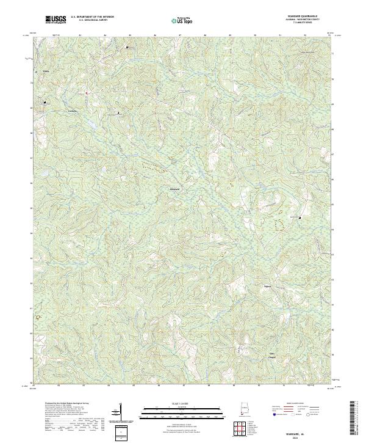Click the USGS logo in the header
point(56,20)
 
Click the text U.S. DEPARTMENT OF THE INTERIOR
point(91,16)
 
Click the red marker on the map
point(87,93)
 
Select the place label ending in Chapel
point(272,354)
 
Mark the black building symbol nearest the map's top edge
point(127,46)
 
